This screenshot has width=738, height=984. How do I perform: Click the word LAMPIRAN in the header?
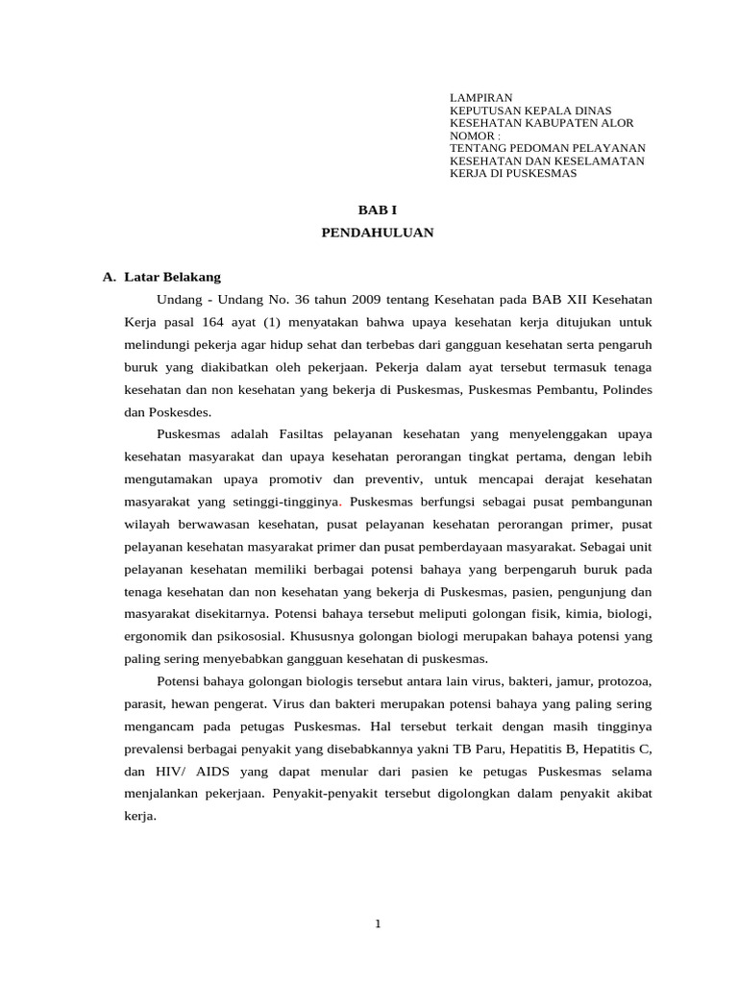click(x=481, y=98)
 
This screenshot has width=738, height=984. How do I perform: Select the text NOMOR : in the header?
click(x=475, y=135)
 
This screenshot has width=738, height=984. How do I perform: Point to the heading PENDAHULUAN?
click(x=377, y=233)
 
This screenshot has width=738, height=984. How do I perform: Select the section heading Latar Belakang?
click(x=179, y=277)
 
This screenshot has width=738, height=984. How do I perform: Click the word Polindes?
click(x=627, y=388)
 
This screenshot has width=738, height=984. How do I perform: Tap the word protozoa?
click(x=624, y=681)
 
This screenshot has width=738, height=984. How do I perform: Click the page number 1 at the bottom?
click(x=378, y=924)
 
